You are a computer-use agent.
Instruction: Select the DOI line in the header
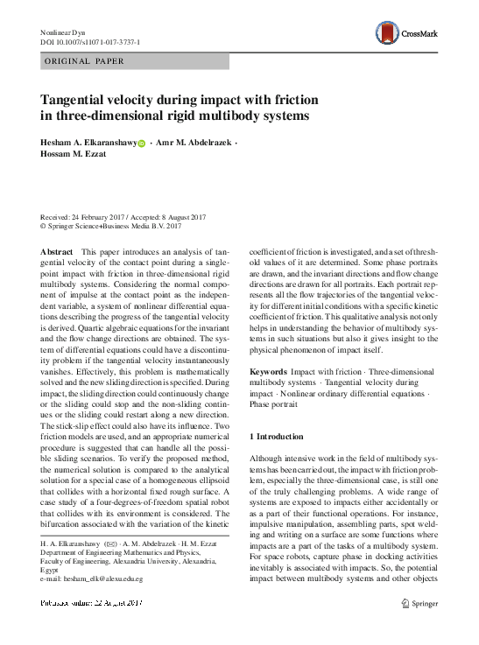(92, 43)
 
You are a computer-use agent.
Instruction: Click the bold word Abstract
(57, 251)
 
